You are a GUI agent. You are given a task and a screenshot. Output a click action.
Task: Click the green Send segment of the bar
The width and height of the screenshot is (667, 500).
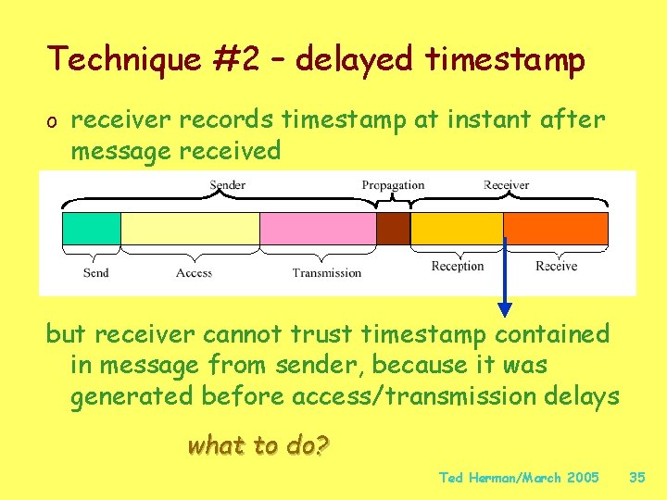(x=91, y=229)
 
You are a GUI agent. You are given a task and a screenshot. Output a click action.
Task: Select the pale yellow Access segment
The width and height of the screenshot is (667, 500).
(x=190, y=229)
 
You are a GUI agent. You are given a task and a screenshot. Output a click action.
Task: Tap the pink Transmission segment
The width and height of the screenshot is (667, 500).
(x=318, y=229)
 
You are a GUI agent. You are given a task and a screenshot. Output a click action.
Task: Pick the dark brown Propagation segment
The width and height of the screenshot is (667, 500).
(x=393, y=229)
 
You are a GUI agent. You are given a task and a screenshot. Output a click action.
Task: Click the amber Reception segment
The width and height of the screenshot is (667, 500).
(x=457, y=229)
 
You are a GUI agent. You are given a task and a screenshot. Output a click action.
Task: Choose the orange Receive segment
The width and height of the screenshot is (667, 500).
(x=556, y=229)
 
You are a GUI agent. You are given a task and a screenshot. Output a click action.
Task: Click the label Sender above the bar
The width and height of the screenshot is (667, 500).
(x=227, y=185)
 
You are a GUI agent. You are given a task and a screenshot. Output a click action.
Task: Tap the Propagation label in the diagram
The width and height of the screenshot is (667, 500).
(x=393, y=185)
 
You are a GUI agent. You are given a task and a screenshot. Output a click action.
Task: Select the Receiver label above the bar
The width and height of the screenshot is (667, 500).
(x=506, y=185)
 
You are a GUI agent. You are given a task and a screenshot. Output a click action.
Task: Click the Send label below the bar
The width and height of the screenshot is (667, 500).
(x=95, y=272)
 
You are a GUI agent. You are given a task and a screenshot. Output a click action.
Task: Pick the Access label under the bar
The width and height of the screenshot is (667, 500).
(x=194, y=272)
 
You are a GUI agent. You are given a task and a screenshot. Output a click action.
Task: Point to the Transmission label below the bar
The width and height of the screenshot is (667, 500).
(x=327, y=272)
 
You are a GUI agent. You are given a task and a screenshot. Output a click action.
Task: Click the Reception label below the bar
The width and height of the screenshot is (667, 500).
(x=458, y=266)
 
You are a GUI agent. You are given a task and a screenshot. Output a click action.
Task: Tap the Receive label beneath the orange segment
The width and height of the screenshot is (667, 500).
(x=556, y=266)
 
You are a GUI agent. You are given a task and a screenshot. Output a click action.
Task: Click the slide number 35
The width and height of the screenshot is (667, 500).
(x=636, y=478)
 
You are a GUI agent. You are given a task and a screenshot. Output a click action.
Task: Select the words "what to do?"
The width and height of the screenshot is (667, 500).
(x=258, y=445)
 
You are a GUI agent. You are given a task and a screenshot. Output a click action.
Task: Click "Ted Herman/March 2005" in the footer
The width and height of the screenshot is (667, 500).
(x=519, y=478)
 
